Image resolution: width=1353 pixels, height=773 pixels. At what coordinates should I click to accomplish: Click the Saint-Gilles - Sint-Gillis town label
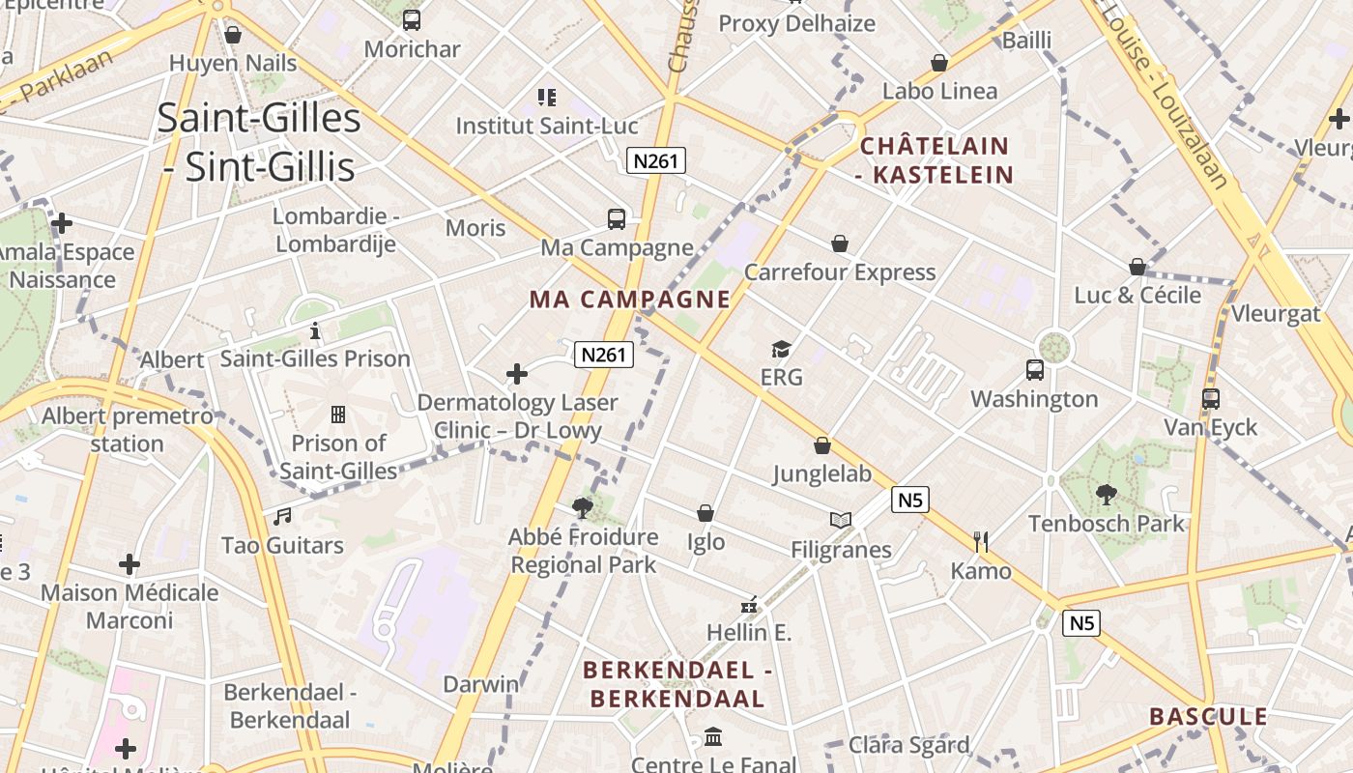coord(259,142)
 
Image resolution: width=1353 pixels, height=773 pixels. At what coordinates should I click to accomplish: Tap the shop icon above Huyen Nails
coord(232,35)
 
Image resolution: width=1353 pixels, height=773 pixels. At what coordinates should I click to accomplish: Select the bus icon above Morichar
coord(411,19)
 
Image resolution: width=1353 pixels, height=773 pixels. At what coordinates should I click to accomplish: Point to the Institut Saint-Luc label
coord(547,126)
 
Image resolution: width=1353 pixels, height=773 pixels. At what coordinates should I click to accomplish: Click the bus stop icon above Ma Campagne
coord(617,219)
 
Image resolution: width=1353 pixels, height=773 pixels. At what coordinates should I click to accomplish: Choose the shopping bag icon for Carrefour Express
coord(840,243)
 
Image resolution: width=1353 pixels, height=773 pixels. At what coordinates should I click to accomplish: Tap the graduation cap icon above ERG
coord(781,349)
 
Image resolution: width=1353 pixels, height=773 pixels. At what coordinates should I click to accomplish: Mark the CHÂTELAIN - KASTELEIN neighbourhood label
coord(935,160)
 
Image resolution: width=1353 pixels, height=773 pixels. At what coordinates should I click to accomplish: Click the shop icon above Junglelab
coord(822,445)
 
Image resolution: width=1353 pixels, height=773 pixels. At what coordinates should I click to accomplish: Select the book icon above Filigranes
coord(841,521)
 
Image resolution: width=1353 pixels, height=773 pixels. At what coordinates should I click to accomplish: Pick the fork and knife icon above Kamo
coord(981,542)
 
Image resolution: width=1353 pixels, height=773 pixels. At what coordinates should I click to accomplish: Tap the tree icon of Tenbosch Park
coord(1107,495)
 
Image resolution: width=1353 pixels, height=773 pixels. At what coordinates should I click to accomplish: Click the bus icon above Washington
coord(1034,370)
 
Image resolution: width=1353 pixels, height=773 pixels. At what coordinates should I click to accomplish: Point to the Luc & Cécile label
coord(1137,295)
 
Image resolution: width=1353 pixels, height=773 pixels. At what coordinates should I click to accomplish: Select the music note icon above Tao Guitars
coord(282,517)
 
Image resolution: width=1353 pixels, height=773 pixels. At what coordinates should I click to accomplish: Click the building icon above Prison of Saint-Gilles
coord(338,415)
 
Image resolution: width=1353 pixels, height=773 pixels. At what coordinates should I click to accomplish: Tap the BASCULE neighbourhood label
coord(1208,717)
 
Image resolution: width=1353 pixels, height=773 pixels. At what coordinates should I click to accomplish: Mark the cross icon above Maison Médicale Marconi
coord(130,564)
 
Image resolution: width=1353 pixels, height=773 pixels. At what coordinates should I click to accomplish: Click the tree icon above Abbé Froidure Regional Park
coord(583,507)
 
